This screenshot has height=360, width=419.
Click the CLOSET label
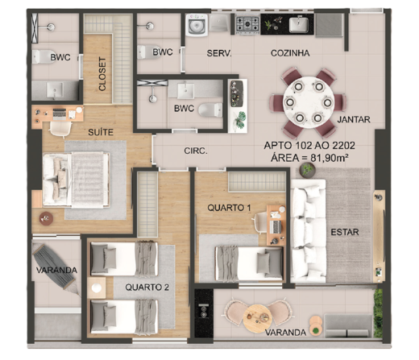(102, 75)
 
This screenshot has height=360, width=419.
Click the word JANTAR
(354, 119)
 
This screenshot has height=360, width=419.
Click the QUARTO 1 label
(229, 207)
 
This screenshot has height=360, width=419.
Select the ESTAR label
(344, 232)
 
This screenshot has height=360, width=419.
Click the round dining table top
(305, 101)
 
